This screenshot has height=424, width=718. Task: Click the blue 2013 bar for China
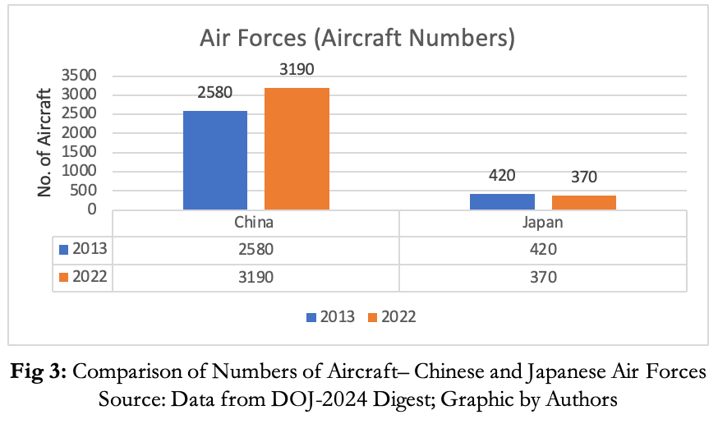pos(215,160)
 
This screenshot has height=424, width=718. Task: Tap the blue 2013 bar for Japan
pos(502,201)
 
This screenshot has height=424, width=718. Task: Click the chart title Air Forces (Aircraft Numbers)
pos(358,39)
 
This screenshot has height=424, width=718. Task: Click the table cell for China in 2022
pos(255,278)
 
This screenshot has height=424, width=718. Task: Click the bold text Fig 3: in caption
pos(39,371)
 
